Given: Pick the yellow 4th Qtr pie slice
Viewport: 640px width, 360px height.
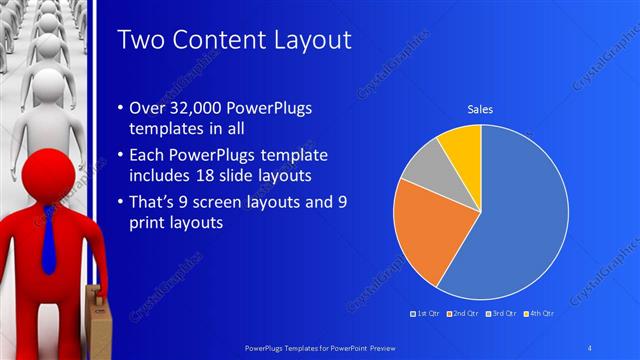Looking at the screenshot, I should [x=463, y=145].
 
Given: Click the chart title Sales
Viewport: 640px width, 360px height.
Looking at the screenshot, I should [x=481, y=110].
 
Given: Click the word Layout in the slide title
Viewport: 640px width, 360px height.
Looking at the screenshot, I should [x=309, y=40].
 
